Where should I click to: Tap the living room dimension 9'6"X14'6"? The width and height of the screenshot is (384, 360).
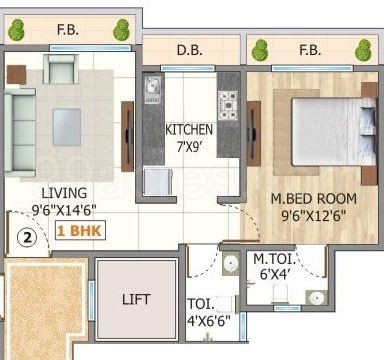(x=63, y=209)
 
